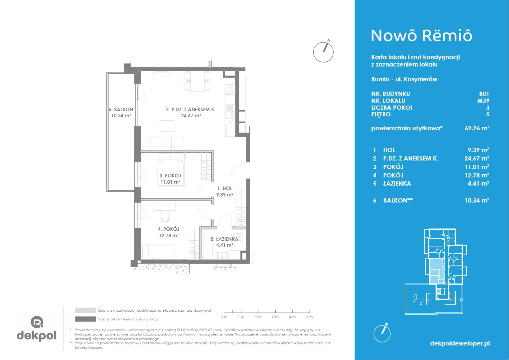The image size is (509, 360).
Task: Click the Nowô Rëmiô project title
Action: click(422, 36)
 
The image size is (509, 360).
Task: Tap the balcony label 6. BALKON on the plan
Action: click(121, 109)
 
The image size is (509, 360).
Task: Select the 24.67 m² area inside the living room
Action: click(191, 115)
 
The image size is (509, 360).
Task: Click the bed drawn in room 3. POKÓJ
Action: click(170, 170)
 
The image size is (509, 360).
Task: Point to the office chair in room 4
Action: click(165, 217)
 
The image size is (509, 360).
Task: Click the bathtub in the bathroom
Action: click(208, 245)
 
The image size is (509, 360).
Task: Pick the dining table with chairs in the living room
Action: click(197, 81)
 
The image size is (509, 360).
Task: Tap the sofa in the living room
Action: click(166, 143)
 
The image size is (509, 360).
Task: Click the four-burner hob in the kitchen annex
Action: click(230, 89)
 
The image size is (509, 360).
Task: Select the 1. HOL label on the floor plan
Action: click(225, 188)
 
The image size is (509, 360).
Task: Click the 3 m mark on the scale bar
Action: click(275, 317)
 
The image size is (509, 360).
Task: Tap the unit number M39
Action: click(483, 101)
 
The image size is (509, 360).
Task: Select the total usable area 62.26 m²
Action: click(477, 128)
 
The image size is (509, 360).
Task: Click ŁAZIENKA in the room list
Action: click(397, 184)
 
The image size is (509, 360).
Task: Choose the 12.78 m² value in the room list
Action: click(477, 175)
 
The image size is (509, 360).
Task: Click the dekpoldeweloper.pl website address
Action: click(460, 343)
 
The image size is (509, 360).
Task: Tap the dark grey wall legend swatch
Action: click(86, 319)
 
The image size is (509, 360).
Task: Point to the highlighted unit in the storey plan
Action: click(435, 271)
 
